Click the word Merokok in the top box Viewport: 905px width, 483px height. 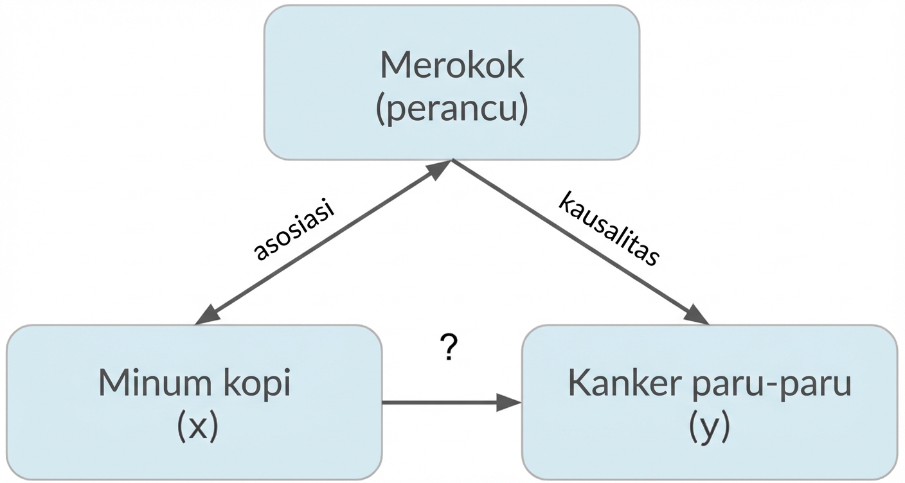tap(451, 65)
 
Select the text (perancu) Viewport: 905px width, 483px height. tap(451, 109)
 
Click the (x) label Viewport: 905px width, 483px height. tap(197, 427)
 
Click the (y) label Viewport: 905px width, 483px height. tap(709, 427)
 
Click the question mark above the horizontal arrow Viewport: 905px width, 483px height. tap(450, 349)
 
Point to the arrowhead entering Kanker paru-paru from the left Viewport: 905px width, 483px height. tap(510, 403)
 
